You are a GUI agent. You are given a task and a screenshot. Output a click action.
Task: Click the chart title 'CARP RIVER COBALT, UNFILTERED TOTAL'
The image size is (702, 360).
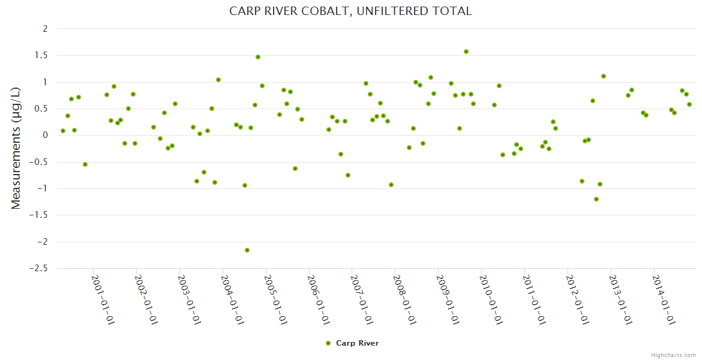tap(350, 11)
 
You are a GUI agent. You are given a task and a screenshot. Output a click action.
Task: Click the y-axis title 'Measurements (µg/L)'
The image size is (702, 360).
tap(16, 148)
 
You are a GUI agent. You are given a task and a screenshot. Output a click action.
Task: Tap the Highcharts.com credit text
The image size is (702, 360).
tap(673, 355)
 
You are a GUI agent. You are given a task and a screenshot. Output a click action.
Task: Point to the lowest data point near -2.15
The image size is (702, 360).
tap(247, 250)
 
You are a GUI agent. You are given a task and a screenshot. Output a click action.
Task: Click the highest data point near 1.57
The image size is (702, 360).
tap(466, 52)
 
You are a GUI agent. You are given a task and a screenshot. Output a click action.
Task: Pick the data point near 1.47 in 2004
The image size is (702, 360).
tap(258, 57)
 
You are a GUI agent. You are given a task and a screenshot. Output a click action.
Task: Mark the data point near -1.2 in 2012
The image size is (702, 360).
tap(596, 199)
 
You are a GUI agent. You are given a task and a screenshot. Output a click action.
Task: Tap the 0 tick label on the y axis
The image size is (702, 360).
tap(45, 136)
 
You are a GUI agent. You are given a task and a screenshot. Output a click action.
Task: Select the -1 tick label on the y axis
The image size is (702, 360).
tap(42, 189)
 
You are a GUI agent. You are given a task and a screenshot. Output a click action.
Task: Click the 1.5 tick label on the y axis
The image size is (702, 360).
tap(41, 55)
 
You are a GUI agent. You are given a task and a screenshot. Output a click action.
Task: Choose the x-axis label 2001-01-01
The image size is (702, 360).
tap(103, 299)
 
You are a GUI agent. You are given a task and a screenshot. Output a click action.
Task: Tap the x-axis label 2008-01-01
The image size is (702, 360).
tap(405, 299)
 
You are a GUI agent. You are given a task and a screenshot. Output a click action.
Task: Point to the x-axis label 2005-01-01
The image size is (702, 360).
tap(275, 299)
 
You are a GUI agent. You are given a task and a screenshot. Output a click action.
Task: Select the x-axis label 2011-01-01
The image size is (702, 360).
tap(535, 299)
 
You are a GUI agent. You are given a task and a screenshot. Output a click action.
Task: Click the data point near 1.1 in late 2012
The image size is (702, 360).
tap(604, 76)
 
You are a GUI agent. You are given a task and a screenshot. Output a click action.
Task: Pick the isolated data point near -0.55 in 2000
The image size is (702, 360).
tap(85, 164)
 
